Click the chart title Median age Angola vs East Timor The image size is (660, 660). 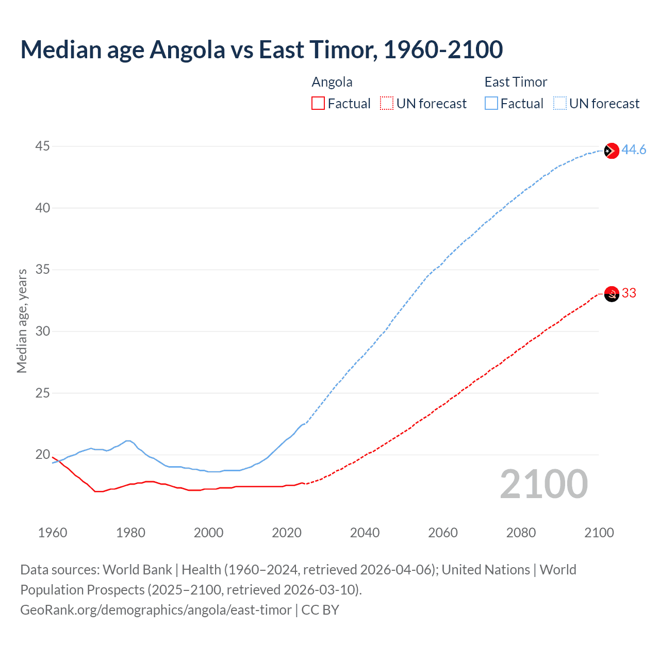tap(261, 49)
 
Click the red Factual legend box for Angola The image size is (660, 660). tap(318, 103)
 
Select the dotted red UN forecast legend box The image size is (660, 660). tap(387, 103)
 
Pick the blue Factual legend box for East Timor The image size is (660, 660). tap(491, 103)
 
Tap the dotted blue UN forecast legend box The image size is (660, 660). tap(559, 103)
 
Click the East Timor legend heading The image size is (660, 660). tap(516, 82)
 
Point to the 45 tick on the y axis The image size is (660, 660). tap(42, 146)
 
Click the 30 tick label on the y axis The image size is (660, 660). tap(42, 331)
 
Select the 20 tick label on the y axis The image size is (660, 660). tap(42, 454)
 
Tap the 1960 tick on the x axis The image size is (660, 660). tap(53, 533)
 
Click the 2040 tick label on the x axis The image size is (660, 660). tap(365, 533)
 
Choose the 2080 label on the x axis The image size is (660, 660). tap(521, 533)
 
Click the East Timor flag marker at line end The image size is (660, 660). tap(611, 151)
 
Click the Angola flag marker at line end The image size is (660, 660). tap(611, 294)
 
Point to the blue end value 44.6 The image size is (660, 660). tap(634, 150)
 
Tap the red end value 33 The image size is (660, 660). tap(629, 293)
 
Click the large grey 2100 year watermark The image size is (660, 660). tap(543, 484)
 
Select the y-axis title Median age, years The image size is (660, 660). tap(22, 321)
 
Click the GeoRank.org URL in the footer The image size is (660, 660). tap(156, 609)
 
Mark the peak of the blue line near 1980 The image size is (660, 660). tap(128, 441)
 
